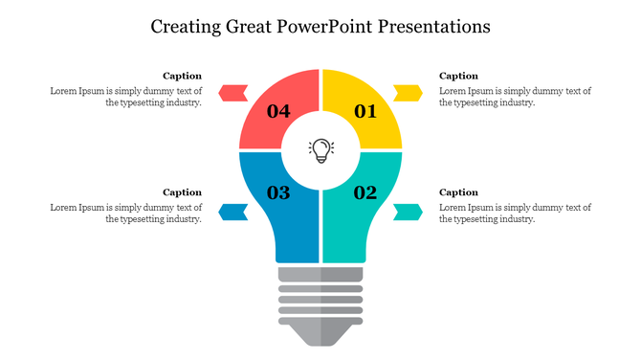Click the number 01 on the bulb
365,112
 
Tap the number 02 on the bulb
365,193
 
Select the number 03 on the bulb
278,193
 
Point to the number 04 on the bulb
278,112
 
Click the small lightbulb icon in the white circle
320,149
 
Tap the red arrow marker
233,93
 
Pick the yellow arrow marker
409,93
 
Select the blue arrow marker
233,212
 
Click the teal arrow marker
409,212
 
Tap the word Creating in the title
187,27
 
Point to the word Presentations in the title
431,27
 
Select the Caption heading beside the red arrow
182,76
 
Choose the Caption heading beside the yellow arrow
458,76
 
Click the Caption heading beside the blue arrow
182,192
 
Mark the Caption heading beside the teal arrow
458,192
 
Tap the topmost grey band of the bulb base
320,276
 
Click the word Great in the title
249,27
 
